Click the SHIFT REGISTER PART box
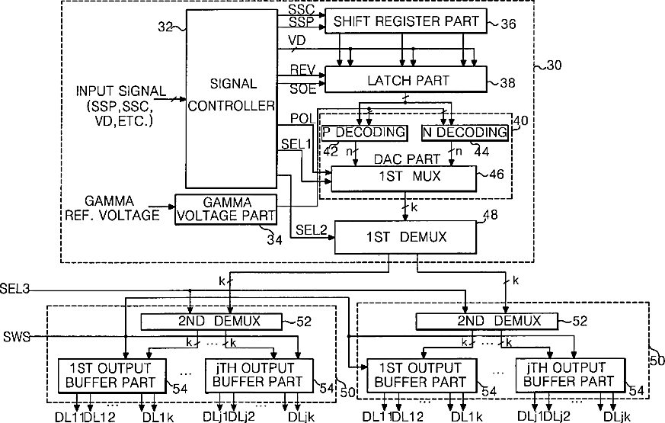[x=406, y=21]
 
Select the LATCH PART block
[x=406, y=79]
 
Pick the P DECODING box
[x=364, y=133]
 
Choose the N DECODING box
[x=465, y=133]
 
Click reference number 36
[x=507, y=24]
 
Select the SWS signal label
[x=16, y=336]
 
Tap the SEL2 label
[x=310, y=229]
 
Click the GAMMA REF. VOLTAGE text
[x=122, y=207]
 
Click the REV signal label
[x=299, y=69]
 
